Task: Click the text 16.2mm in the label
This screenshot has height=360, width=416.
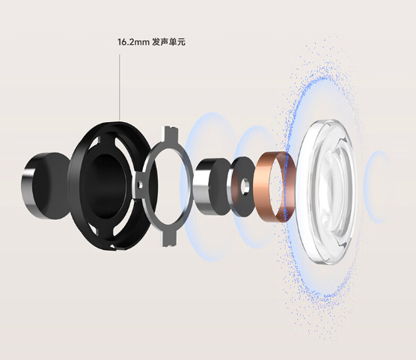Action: [x=133, y=42]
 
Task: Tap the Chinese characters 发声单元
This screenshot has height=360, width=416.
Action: [x=169, y=42]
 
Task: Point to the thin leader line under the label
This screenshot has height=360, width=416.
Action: [x=120, y=88]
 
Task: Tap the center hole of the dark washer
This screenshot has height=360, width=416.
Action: [x=245, y=186]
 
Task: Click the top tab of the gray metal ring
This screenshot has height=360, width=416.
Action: [x=171, y=134]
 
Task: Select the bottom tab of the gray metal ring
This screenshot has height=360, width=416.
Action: [x=169, y=237]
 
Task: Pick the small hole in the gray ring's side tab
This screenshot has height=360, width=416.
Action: [x=140, y=185]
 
